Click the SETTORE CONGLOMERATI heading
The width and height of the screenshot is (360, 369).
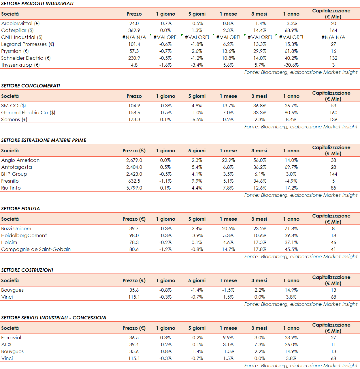pos(31,86)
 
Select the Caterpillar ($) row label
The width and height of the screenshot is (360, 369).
pos(17,30)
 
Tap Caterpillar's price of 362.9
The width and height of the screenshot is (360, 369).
pos(134,30)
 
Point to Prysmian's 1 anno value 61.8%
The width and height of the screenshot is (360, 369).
pos(291,51)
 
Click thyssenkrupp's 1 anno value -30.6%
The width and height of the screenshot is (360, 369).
pos(291,65)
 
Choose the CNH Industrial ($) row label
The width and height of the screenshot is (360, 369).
pos(22,37)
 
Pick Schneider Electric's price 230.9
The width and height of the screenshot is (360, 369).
pos(134,58)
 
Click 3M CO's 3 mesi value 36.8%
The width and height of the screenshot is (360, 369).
pos(260,106)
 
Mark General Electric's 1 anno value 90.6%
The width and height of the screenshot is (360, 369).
pos(291,113)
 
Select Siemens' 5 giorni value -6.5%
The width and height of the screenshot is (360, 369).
pos(197,119)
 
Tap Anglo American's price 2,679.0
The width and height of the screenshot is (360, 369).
pos(134,160)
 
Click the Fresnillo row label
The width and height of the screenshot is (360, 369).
pos(10,181)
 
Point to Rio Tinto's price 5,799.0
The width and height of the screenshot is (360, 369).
pos(134,188)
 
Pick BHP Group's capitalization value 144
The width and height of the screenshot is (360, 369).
pos(333,174)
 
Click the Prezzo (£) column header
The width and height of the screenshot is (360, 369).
pos(134,151)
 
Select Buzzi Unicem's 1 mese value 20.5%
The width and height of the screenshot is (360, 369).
pos(228,228)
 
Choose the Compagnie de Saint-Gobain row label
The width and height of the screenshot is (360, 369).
pos(36,249)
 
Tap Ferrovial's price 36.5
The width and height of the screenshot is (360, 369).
pos(134,338)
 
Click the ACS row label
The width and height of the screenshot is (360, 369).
pos(6,344)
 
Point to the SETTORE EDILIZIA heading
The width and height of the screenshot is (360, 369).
pos(20,209)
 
